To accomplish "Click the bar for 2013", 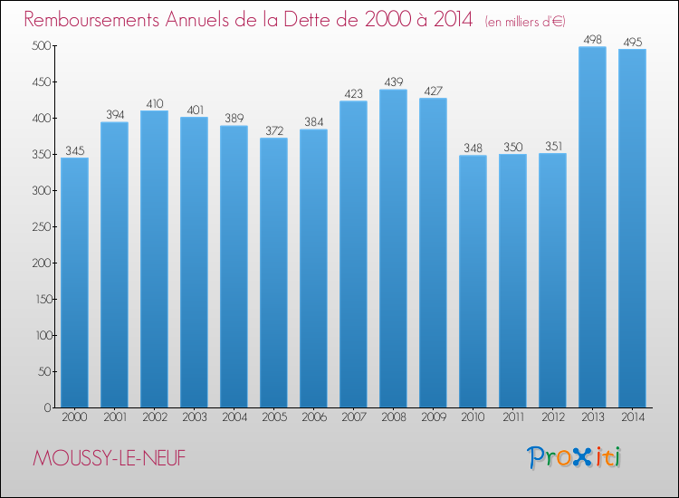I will tap(592, 226).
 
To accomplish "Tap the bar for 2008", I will tap(393, 248).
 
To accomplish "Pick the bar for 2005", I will tap(273, 272).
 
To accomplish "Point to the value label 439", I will tap(393, 81).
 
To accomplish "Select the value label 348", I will tap(473, 148).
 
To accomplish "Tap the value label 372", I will tap(273, 129).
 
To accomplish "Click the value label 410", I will tap(154, 102).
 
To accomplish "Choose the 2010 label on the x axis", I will tap(473, 417).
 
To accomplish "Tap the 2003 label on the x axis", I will tap(194, 417).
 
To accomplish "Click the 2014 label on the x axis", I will tap(632, 417).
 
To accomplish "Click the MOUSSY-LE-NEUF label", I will tap(108, 459).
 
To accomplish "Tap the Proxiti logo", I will tap(573, 457).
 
